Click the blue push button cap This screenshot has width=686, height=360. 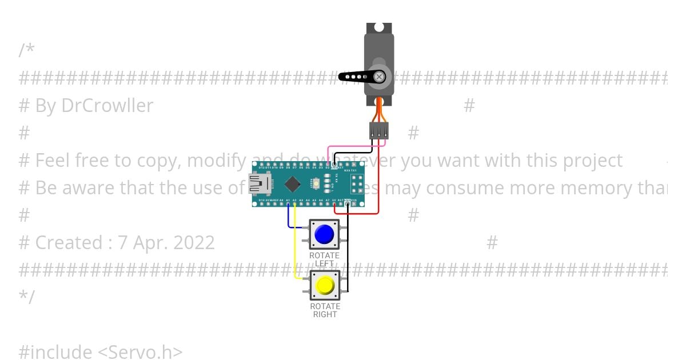point(324,234)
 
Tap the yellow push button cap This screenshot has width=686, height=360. point(325,285)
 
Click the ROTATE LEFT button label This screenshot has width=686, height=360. point(324,259)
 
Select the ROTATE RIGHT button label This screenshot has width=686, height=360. point(325,310)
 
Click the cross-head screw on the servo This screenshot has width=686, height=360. point(378,76)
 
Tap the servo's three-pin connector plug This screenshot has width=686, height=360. point(378,130)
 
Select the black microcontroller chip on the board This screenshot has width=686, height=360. point(293,184)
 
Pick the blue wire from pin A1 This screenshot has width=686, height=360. point(289,220)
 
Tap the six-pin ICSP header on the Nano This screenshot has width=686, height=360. point(357,184)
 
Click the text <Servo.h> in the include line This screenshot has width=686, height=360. point(139,352)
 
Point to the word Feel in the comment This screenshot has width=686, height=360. point(54,161)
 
